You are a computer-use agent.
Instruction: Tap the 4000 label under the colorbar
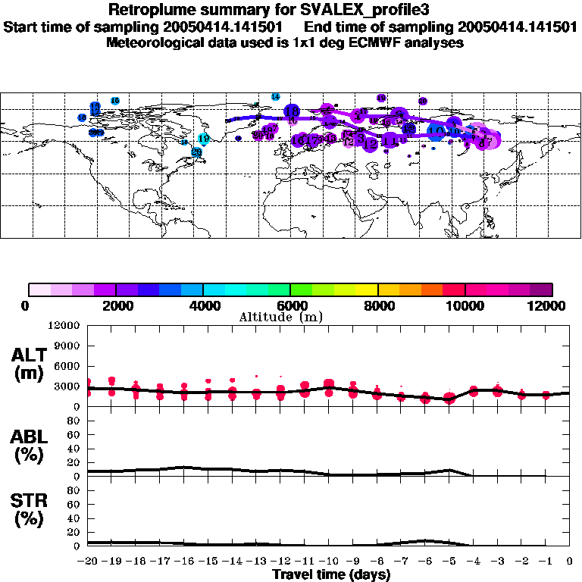pyautogui.click(x=203, y=305)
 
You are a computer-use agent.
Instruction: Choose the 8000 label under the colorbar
pyautogui.click(x=377, y=305)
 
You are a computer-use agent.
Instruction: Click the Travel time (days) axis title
pyautogui.click(x=331, y=575)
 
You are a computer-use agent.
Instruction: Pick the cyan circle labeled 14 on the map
pyautogui.click(x=276, y=97)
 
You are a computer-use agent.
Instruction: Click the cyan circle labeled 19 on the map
pyautogui.click(x=203, y=139)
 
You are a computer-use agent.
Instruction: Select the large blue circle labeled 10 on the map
pyautogui.click(x=436, y=130)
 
